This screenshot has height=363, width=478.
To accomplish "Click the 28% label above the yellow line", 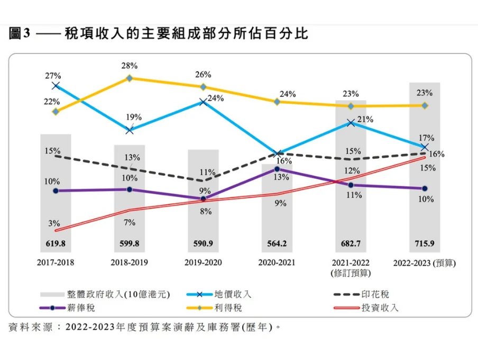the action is [130, 66].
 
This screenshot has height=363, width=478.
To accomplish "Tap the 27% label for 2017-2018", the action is [53, 76].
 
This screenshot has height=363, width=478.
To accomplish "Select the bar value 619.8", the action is [56, 243].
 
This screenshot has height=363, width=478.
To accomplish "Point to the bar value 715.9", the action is [425, 243].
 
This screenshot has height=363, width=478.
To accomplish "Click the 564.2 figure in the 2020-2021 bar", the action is [277, 243].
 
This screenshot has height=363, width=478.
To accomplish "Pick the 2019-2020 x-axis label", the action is [203, 262].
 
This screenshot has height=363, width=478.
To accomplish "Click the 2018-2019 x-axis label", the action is [129, 262].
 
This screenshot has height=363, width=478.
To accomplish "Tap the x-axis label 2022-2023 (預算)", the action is [425, 263].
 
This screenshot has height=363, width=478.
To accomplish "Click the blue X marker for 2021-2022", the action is [351, 123].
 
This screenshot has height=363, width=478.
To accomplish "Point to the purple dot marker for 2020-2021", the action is [277, 169].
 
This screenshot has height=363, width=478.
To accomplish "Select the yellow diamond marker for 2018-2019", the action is [129, 78].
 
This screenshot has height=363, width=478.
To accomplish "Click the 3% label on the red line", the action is [54, 223].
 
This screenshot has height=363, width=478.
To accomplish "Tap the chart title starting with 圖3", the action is [159, 33].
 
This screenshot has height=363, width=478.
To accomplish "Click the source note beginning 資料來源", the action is [144, 328].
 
